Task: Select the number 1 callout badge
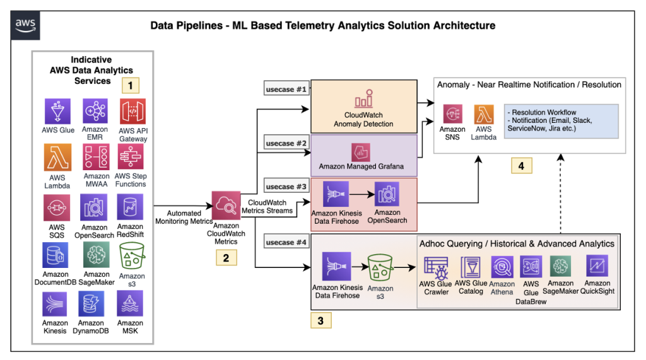(x=130, y=84)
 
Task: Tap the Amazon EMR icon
(x=95, y=112)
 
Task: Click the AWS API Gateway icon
(x=132, y=112)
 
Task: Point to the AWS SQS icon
(x=57, y=207)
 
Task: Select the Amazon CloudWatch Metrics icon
(x=225, y=204)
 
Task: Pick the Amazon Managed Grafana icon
(x=360, y=152)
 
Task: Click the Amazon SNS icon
(x=452, y=114)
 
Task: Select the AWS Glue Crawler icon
(x=435, y=267)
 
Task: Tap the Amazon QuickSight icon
(x=596, y=267)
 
